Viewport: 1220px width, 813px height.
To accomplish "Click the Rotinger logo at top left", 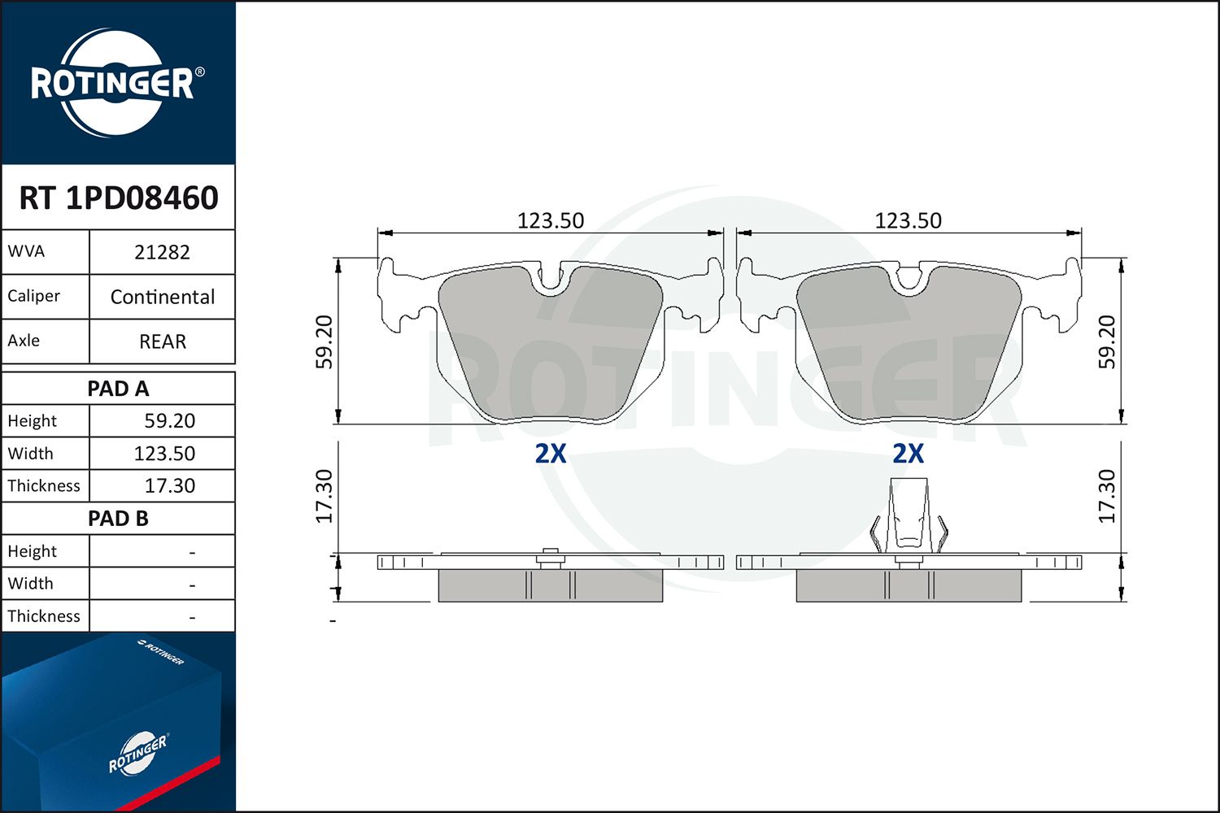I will (x=113, y=83).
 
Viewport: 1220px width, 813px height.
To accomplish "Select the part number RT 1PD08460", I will (x=119, y=198).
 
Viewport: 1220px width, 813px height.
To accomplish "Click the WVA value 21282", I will (x=162, y=252).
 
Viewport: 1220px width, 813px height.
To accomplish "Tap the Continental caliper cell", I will (x=162, y=297).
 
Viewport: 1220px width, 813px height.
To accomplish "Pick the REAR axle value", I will (x=162, y=341).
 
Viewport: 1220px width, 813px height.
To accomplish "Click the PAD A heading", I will (x=118, y=389).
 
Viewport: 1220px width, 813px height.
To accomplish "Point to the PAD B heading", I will (x=118, y=519).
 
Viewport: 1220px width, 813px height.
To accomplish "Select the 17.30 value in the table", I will (x=169, y=486).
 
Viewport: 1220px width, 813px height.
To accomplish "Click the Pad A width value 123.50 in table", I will (x=164, y=454).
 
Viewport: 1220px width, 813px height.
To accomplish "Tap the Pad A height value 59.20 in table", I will (x=169, y=421).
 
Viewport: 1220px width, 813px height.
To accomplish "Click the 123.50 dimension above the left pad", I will (x=551, y=220).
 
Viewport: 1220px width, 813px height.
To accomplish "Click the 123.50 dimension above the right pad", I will (x=908, y=220).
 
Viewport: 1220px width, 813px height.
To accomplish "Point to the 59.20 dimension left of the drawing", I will (x=325, y=342).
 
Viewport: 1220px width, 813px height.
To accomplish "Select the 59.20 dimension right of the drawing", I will (x=1107, y=342).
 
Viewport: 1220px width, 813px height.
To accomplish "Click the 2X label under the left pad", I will (x=551, y=453).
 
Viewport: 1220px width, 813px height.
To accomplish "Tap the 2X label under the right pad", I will (x=908, y=453).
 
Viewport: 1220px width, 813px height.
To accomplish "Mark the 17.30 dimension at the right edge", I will (x=1107, y=496).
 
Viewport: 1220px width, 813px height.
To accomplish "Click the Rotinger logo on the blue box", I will (x=137, y=754).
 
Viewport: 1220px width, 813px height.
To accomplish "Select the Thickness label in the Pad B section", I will (x=44, y=616).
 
